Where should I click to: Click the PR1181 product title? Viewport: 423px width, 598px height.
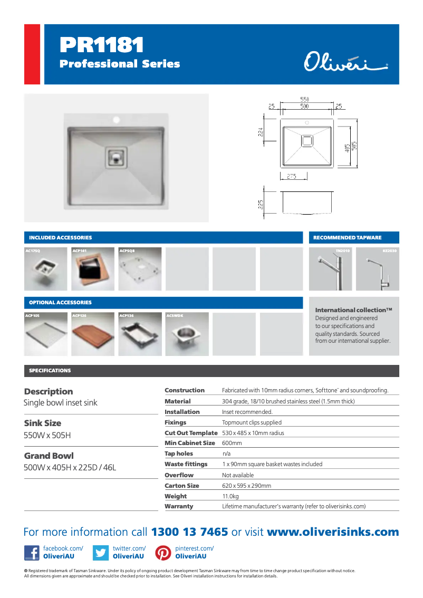click(x=102, y=45)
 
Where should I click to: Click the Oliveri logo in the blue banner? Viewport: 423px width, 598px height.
click(x=345, y=63)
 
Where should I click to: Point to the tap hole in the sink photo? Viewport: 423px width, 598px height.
click(x=116, y=119)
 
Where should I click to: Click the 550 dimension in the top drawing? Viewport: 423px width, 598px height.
click(x=304, y=99)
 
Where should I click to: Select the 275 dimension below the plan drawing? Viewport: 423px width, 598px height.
click(x=291, y=176)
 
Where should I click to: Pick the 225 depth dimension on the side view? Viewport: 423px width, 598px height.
click(x=261, y=204)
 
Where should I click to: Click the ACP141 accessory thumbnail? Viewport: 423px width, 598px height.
click(x=93, y=269)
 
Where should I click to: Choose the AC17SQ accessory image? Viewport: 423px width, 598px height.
click(x=46, y=269)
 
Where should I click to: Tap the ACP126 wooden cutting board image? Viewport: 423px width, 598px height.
click(x=93, y=334)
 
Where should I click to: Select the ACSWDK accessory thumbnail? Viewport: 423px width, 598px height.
click(x=187, y=334)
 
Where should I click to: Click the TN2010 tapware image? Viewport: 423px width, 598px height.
click(x=330, y=269)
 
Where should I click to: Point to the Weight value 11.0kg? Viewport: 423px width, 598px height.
click(x=230, y=496)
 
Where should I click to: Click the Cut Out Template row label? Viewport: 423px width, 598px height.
click(x=191, y=433)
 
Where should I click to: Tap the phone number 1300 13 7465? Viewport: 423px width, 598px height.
click(x=190, y=532)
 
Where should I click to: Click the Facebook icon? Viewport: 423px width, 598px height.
click(x=32, y=553)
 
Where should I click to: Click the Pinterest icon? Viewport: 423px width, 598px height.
click(x=163, y=553)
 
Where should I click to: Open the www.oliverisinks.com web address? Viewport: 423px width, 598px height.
click(x=333, y=532)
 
